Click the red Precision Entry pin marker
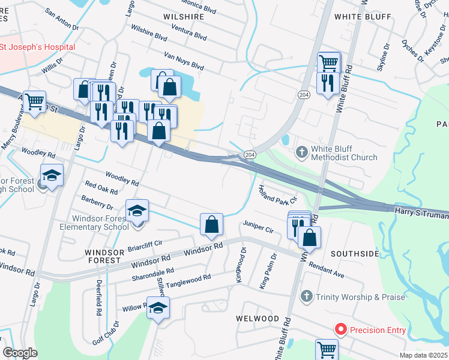pos(340,329)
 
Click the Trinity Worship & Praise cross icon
pos(306,296)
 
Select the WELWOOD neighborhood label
pos(258,318)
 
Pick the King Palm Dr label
pos(268,271)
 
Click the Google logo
pos(20,353)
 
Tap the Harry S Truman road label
pos(420,212)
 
